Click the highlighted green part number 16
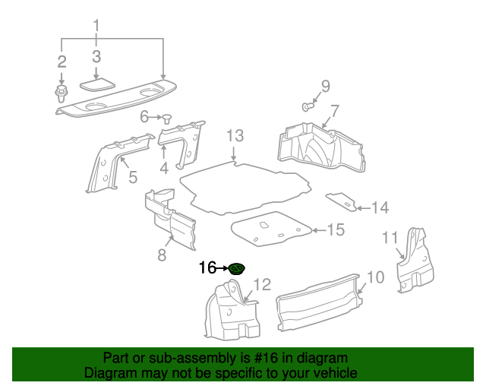point(237,268)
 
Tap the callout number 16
point(207,268)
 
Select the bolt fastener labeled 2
point(61,95)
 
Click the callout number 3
point(96,56)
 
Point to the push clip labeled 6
point(166,117)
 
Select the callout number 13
point(235,136)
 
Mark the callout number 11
point(390,239)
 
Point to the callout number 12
point(261,285)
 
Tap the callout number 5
point(132,178)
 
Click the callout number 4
point(164,167)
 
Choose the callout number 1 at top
point(96,27)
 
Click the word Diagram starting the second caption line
point(108,373)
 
